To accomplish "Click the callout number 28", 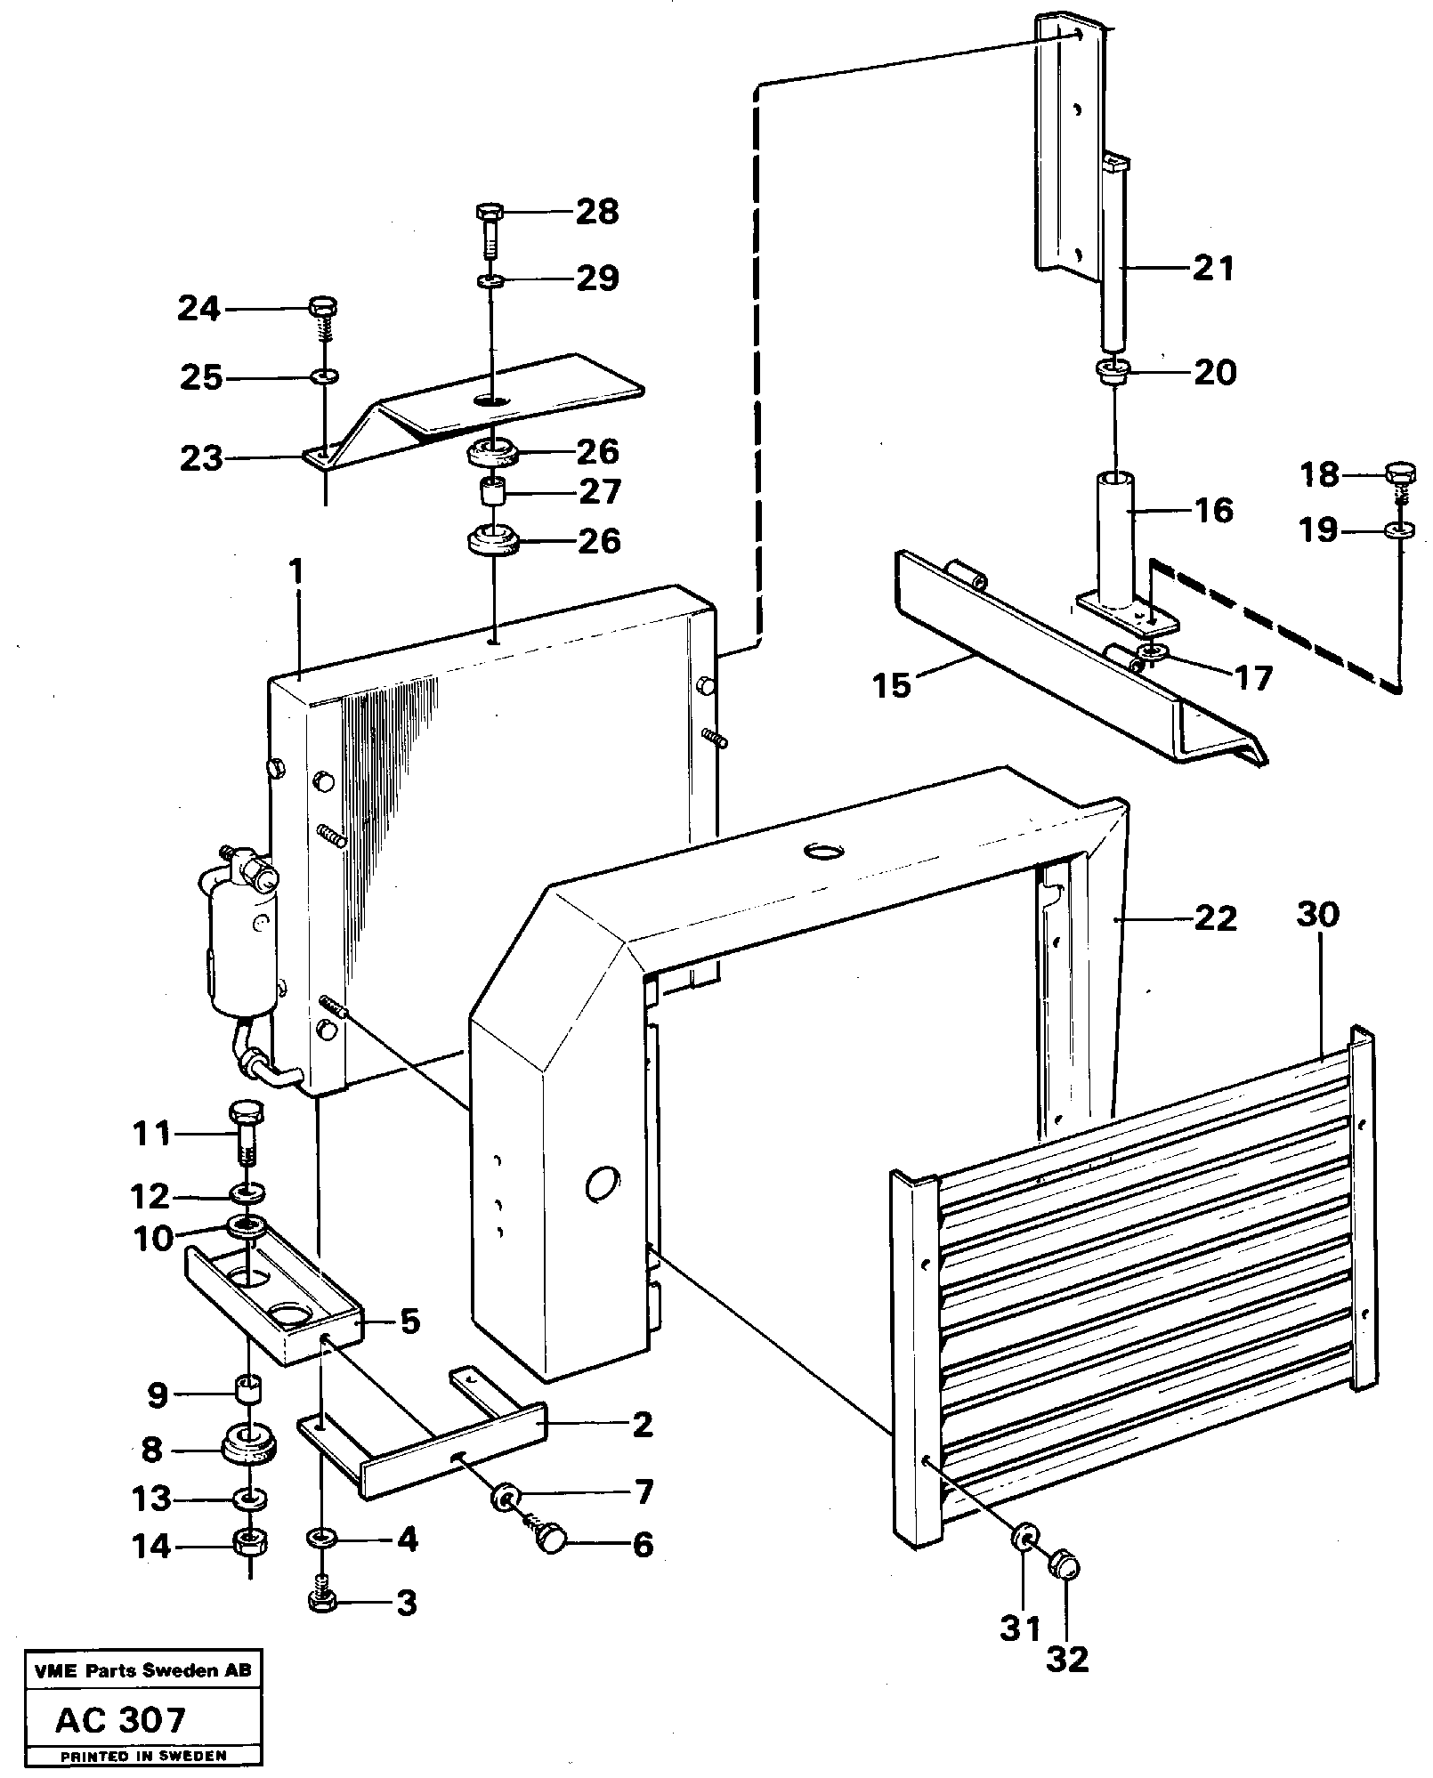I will [596, 212].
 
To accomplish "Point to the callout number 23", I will [201, 458].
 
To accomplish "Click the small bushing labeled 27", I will [492, 491].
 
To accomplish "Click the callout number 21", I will [1213, 267].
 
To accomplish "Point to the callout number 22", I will [1215, 918].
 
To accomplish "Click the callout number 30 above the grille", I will [1318, 915].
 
